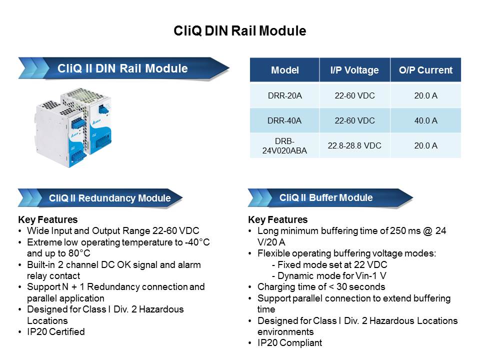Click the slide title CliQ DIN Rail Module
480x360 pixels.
coord(239,31)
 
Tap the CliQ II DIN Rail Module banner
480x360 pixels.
coord(122,68)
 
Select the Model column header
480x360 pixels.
coord(284,70)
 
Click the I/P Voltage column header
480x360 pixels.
coord(354,70)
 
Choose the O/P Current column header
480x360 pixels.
coord(425,70)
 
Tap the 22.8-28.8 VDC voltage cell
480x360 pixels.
coord(354,145)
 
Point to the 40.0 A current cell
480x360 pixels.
coord(425,120)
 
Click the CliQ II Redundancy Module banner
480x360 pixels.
coord(109,198)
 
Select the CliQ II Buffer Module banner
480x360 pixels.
coord(326,197)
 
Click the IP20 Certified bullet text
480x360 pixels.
coord(55,331)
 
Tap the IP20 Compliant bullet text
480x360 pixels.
coord(289,342)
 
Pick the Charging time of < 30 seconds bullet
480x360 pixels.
coord(321,287)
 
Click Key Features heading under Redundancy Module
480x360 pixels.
coord(47,219)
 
